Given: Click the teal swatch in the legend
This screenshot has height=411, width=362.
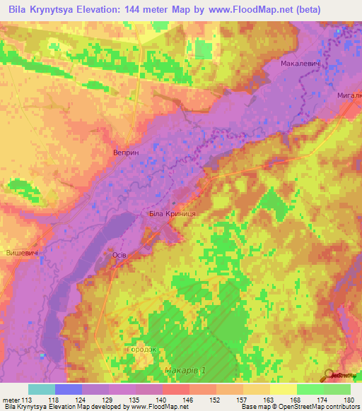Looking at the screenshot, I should point(42,389).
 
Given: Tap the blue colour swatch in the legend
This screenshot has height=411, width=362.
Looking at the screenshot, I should point(69,389).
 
